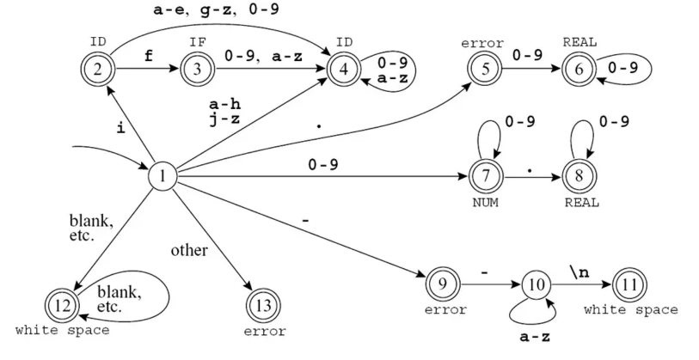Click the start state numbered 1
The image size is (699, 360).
(162, 177)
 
